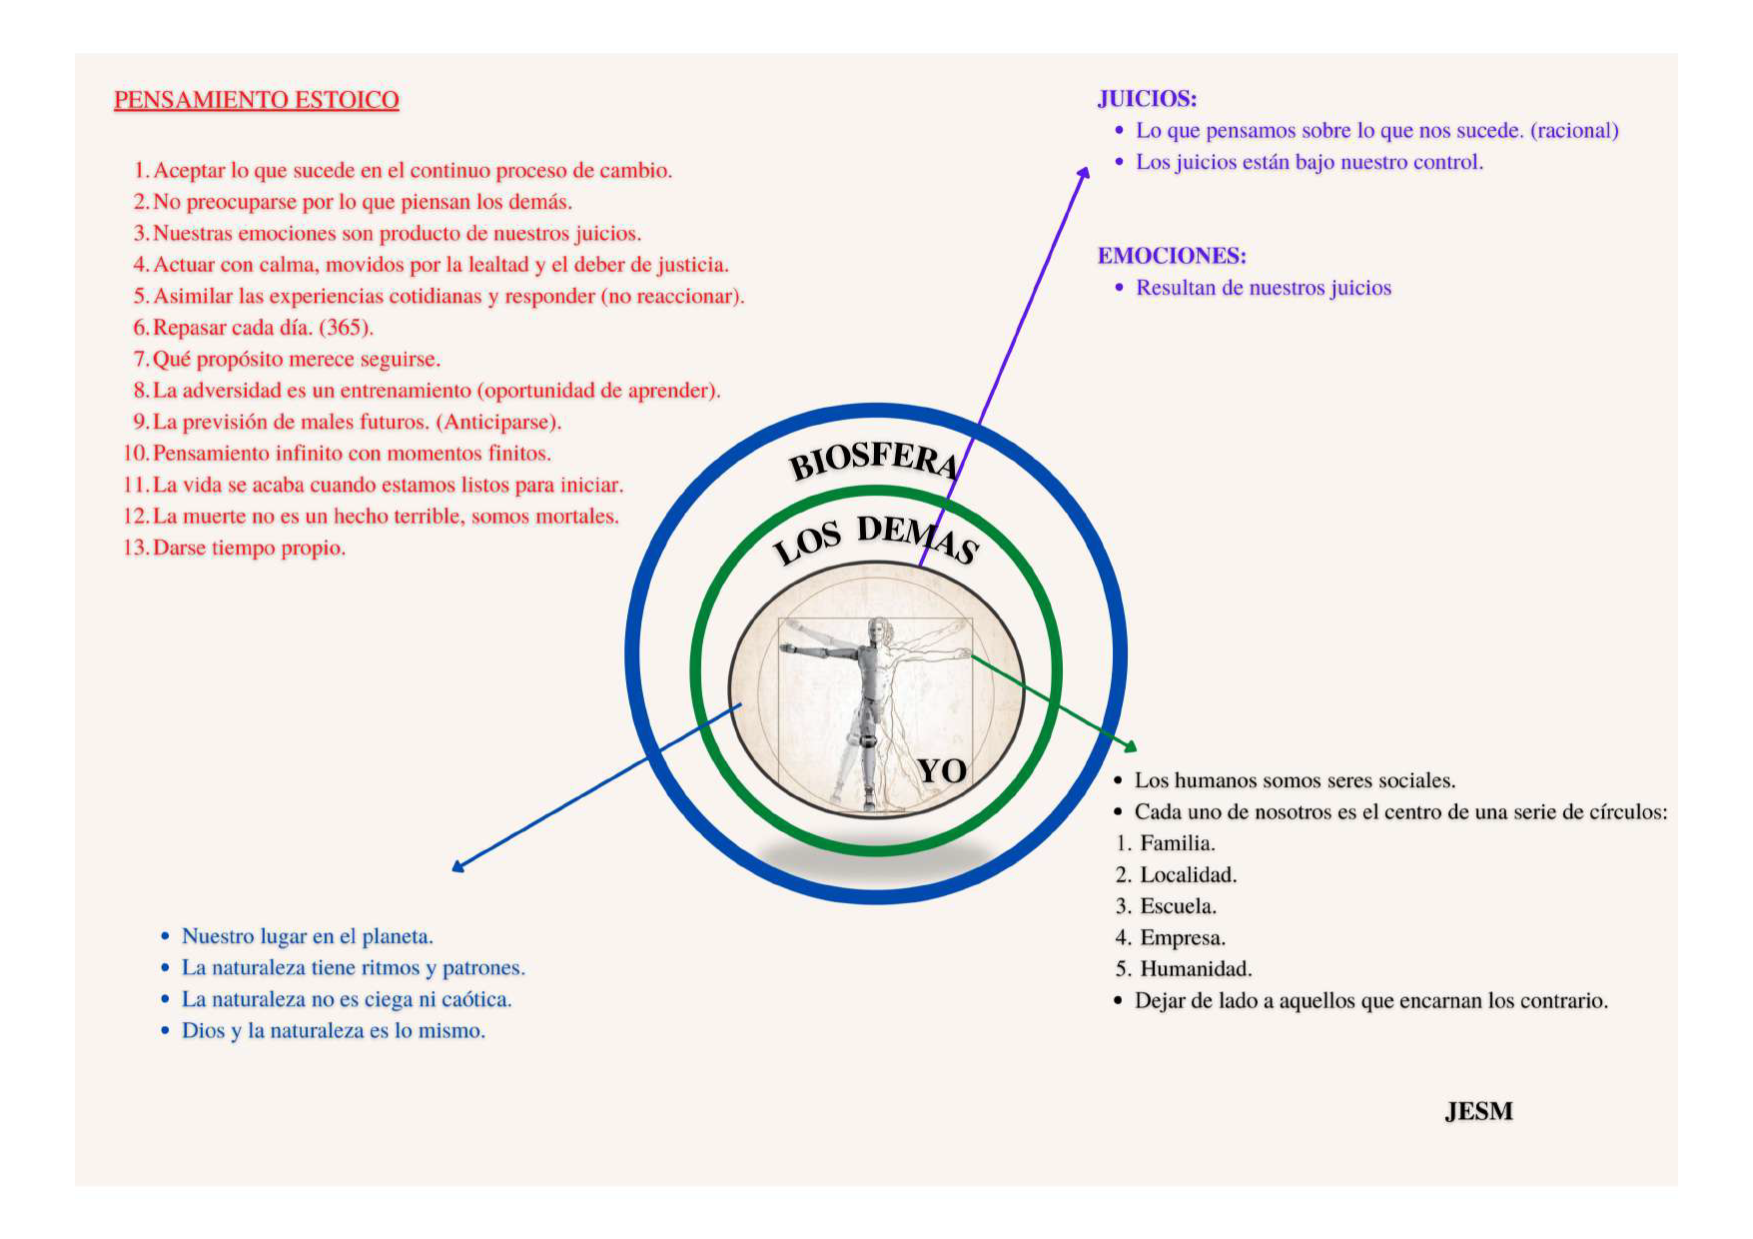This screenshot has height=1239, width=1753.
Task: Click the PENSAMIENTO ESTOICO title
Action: (x=256, y=100)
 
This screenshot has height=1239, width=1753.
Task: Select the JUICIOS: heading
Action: (x=1147, y=99)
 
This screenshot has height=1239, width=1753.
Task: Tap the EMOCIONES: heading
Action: (x=1172, y=256)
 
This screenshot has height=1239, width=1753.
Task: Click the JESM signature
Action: (x=1478, y=1111)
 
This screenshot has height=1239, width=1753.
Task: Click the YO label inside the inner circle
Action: (x=942, y=770)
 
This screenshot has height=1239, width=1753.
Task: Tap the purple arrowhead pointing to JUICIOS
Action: (x=1084, y=173)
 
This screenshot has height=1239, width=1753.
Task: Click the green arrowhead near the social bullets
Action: (x=1131, y=745)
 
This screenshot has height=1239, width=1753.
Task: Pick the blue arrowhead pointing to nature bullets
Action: (x=457, y=866)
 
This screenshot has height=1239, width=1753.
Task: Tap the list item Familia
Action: (x=1177, y=843)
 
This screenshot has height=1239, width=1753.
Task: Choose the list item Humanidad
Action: (x=1195, y=969)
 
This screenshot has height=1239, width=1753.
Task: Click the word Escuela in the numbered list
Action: (x=1178, y=906)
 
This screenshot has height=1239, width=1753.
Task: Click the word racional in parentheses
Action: (x=1574, y=131)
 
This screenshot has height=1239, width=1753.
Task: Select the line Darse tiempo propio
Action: (x=249, y=549)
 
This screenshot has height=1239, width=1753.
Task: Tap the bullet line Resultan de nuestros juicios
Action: (x=1263, y=288)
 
